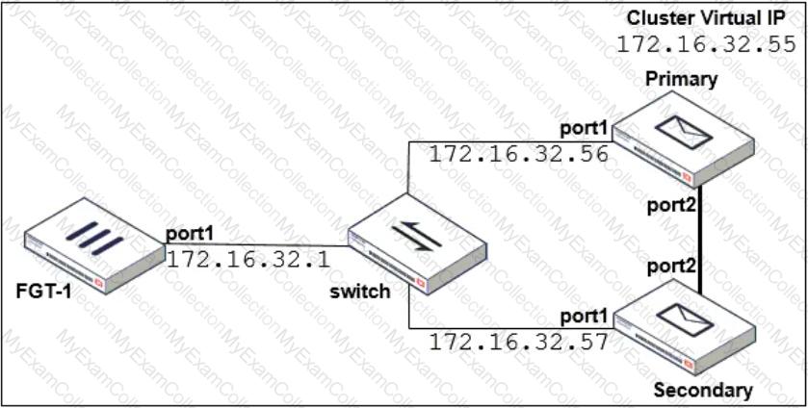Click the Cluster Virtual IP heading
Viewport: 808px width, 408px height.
(706, 19)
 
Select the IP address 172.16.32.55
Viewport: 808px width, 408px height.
(707, 45)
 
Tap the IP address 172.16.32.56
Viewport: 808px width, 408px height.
(519, 154)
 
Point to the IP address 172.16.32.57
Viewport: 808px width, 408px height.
(519, 341)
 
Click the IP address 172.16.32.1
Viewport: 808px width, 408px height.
(248, 259)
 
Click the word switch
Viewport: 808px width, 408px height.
(361, 292)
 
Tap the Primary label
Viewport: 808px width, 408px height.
(681, 79)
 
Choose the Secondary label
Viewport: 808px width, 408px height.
(703, 390)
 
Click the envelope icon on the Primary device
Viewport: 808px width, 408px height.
(687, 132)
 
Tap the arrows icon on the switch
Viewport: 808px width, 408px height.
(416, 236)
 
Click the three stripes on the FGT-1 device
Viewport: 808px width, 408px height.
(94, 238)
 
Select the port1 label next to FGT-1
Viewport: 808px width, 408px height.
(189, 235)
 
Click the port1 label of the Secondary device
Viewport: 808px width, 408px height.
(586, 317)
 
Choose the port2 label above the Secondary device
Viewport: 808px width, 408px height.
(672, 266)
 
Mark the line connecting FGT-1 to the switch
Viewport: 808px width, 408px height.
(256, 245)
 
